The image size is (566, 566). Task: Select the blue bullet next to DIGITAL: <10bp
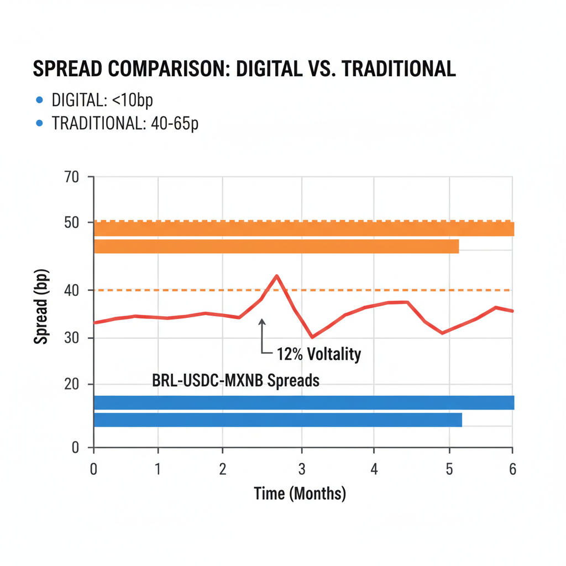(39, 100)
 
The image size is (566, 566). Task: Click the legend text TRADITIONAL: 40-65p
(125, 123)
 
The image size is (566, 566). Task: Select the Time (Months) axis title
(300, 493)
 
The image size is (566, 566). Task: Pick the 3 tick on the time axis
(301, 469)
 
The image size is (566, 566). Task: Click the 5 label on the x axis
(449, 469)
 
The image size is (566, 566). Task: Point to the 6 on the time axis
(512, 469)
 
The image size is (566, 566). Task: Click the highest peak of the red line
(277, 275)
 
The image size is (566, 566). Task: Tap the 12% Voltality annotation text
(318, 353)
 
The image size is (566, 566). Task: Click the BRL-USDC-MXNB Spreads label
(235, 381)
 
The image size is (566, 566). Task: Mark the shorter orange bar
(276, 247)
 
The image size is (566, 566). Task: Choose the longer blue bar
(304, 402)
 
